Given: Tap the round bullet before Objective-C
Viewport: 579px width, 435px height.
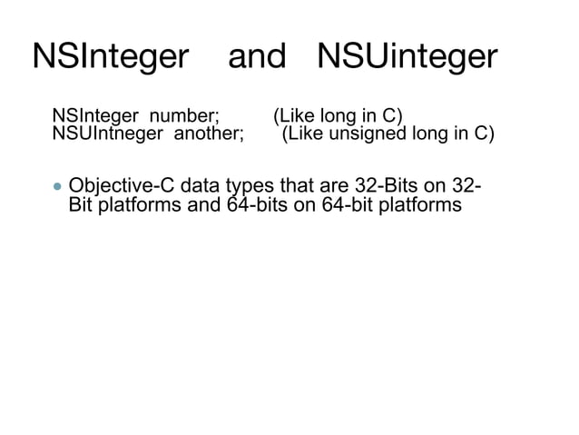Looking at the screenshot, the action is tap(58, 188).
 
